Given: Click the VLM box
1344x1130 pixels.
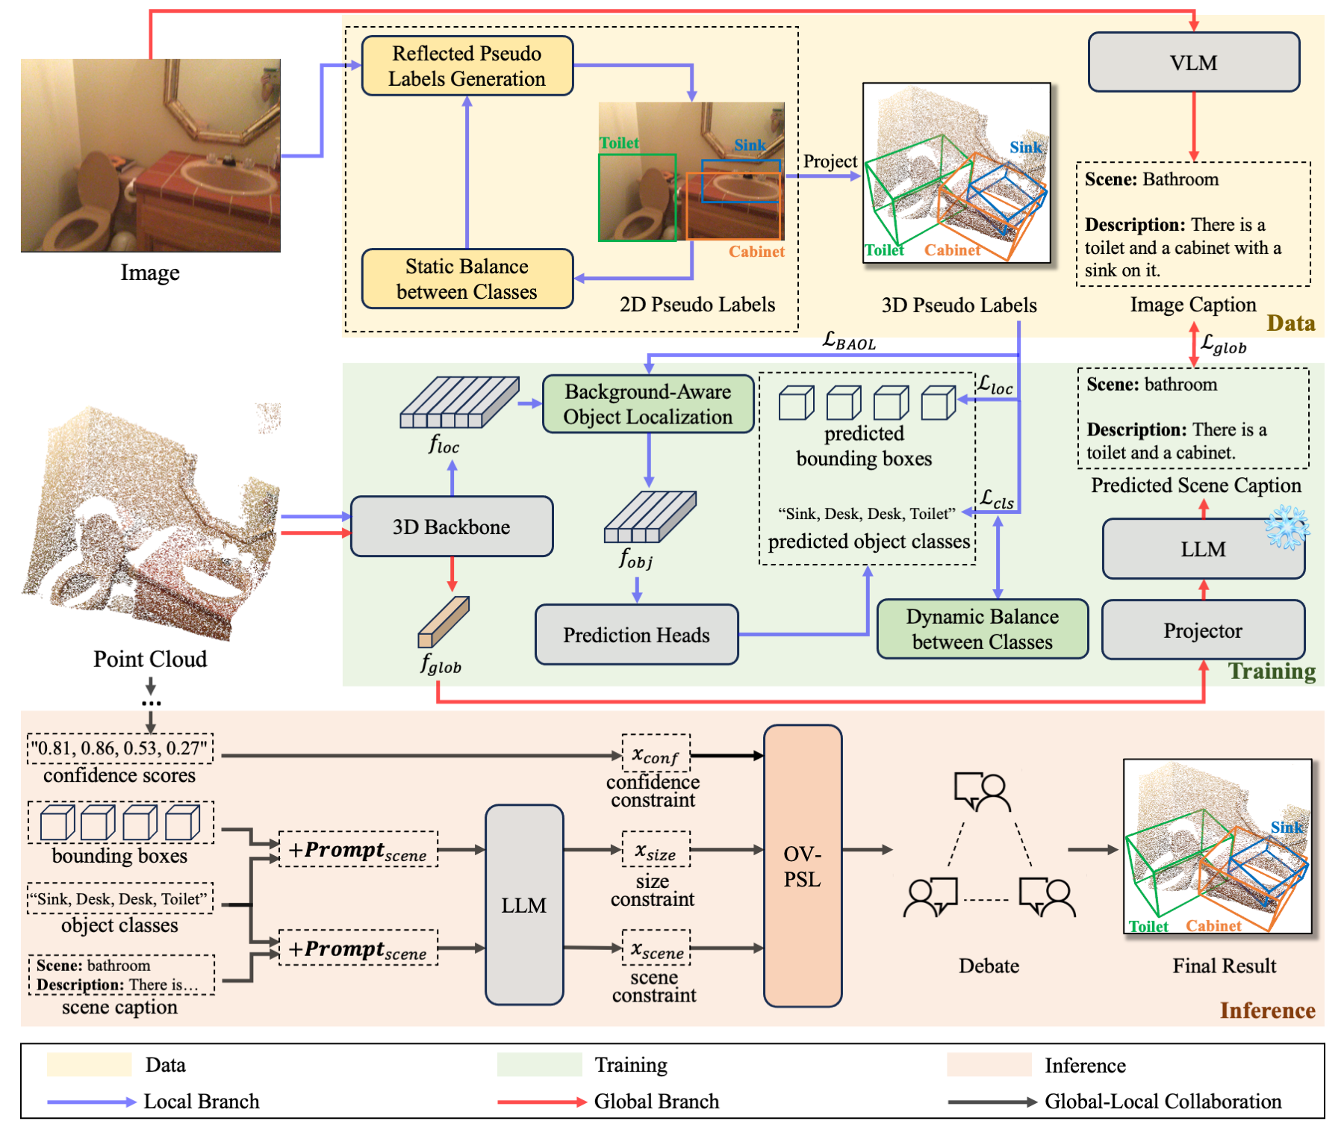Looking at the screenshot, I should point(1193,63).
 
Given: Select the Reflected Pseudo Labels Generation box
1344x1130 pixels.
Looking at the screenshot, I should point(467,66).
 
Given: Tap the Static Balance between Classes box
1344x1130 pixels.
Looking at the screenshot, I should point(467,279).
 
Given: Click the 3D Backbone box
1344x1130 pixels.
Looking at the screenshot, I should point(451,527).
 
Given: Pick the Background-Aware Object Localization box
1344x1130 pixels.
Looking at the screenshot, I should point(647,404).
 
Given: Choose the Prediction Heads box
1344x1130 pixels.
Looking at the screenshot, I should point(636,635).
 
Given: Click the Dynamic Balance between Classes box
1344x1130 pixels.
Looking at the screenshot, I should point(982,629).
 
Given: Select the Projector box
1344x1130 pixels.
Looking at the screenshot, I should point(1203,630).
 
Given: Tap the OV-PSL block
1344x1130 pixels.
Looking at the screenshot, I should point(803,866).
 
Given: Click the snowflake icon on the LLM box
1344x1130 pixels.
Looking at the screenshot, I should point(1287,527).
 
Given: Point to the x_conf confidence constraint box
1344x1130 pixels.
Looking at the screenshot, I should point(656,754).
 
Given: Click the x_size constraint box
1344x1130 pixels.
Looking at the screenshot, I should point(656,850).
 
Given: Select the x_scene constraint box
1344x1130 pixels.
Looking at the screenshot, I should point(656,949).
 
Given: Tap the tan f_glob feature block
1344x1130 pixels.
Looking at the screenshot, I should point(444,621).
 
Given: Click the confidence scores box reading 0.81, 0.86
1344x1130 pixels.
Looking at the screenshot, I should point(120,748).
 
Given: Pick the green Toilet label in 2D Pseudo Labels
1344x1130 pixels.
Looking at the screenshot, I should point(619,143).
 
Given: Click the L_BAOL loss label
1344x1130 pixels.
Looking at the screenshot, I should point(849,341).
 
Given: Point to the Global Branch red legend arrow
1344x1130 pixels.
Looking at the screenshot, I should point(541,1102).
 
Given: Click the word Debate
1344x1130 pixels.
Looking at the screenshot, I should point(989,966).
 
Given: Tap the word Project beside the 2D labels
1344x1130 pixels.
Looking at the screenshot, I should point(830,161).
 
